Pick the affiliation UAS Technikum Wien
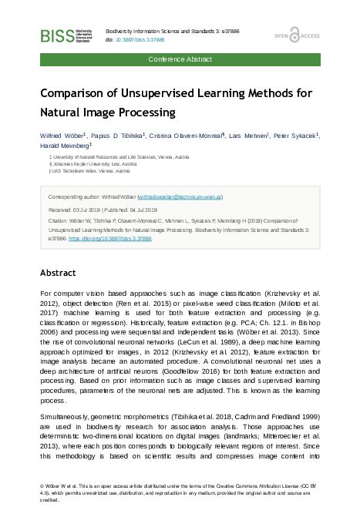89,171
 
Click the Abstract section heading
58,273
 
